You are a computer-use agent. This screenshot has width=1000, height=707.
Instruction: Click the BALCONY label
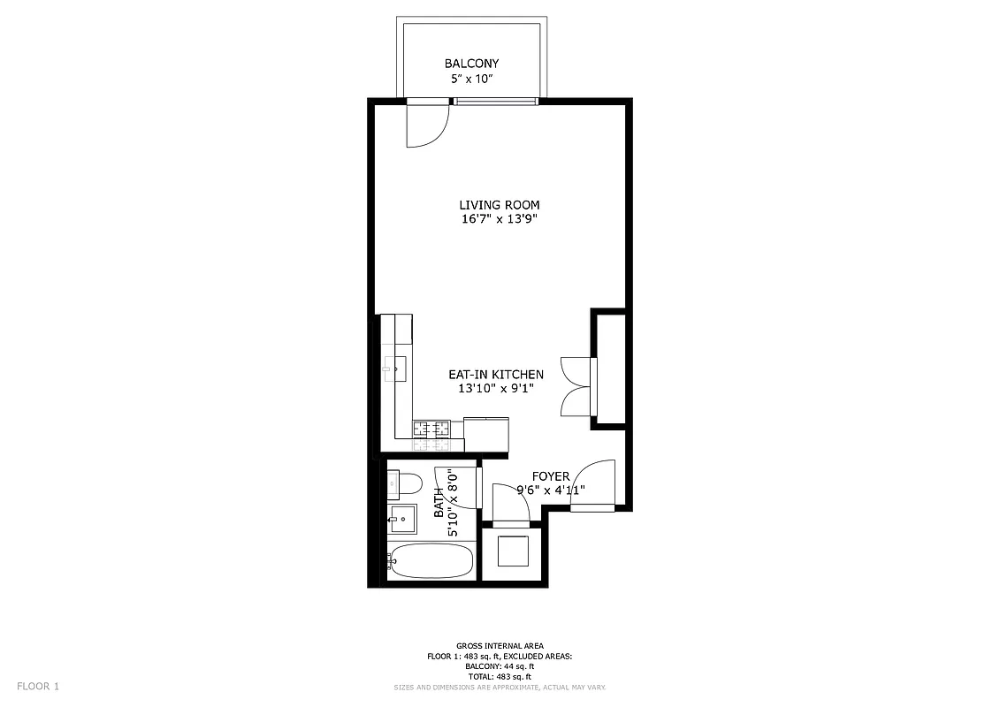471,64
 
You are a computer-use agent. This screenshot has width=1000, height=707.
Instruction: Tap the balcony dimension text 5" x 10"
471,79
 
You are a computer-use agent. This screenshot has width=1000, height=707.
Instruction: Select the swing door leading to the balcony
424,125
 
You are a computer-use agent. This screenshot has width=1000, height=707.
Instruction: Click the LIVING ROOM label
499,205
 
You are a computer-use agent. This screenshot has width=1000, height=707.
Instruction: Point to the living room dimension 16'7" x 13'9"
499,220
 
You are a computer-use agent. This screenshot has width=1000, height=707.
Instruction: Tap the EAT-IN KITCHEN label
495,375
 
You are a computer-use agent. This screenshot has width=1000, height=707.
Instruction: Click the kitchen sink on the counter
395,367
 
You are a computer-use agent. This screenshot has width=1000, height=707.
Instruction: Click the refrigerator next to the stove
485,434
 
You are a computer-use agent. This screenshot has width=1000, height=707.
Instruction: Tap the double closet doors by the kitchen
576,385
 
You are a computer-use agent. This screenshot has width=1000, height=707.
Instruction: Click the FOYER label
550,476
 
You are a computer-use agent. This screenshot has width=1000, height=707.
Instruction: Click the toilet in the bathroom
404,484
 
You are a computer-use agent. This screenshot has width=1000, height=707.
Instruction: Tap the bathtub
431,560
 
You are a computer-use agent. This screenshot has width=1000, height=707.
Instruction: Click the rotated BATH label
439,504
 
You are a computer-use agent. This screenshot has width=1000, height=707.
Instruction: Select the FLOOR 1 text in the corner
38,686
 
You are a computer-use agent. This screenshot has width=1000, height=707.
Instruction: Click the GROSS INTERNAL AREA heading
500,646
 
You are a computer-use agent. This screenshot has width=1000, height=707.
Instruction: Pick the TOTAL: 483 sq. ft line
500,677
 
